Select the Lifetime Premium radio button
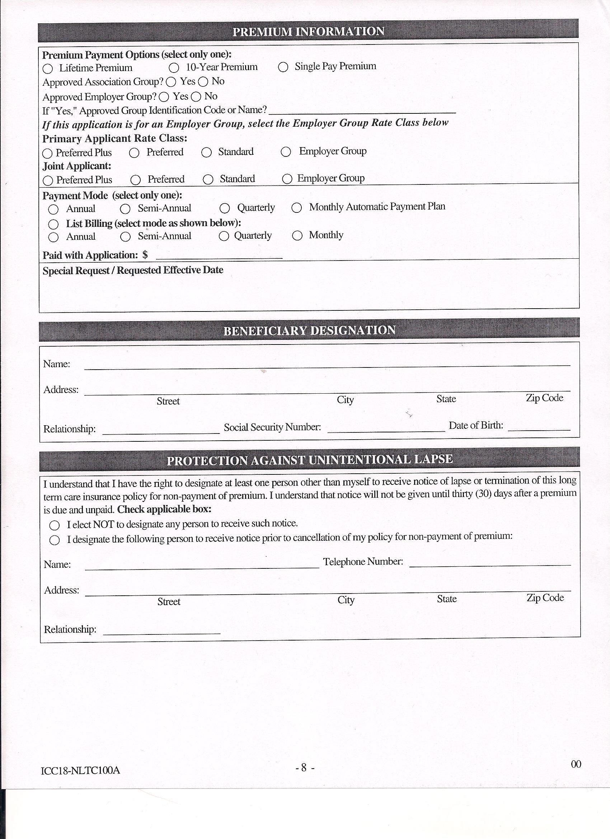[x=48, y=69]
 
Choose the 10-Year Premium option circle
[x=174, y=68]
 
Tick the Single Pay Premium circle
[x=283, y=67]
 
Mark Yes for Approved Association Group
[x=171, y=82]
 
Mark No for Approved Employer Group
[x=196, y=97]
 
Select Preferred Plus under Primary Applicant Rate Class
[x=47, y=153]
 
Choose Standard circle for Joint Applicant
[x=208, y=180]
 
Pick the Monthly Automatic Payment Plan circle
[x=297, y=208]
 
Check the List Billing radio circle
[x=53, y=224]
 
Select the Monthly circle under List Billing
[x=297, y=236]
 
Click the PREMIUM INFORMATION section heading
[x=308, y=32]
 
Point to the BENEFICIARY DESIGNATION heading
[x=309, y=331]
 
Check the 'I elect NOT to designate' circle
[x=55, y=525]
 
